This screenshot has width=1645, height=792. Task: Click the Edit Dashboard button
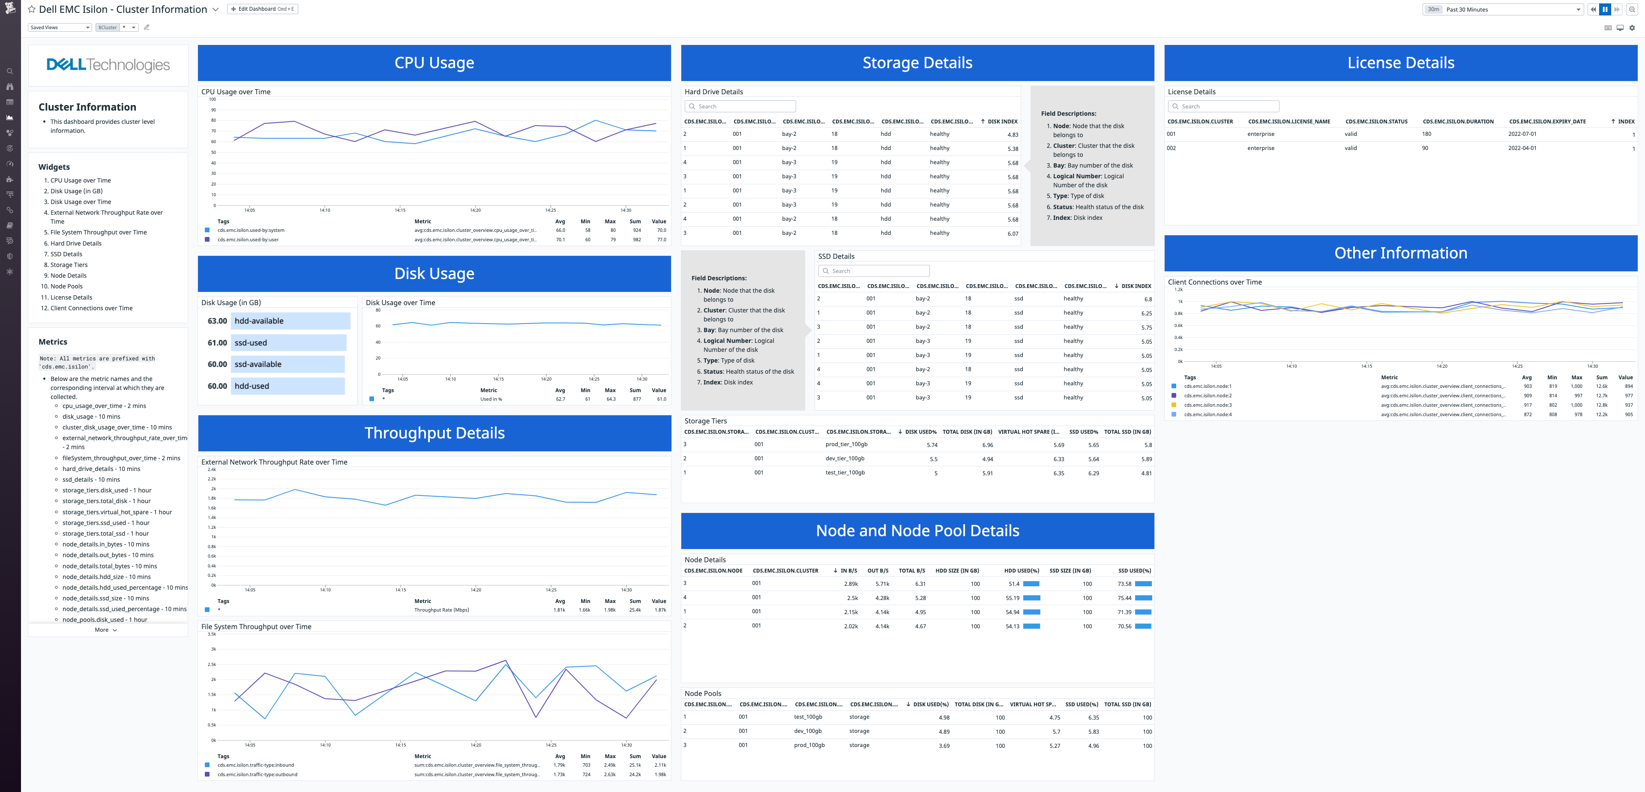pyautogui.click(x=263, y=9)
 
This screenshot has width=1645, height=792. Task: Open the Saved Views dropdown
pyautogui.click(x=61, y=27)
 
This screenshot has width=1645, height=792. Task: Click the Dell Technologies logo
pyautogui.click(x=108, y=65)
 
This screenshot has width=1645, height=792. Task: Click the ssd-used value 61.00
pyautogui.click(x=217, y=343)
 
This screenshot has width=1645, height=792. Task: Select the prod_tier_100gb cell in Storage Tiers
pyautogui.click(x=846, y=444)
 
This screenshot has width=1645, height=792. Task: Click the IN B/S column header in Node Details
pyautogui.click(x=848, y=570)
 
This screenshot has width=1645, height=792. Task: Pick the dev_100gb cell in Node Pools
pyautogui.click(x=807, y=731)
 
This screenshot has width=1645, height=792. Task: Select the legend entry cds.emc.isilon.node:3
pyautogui.click(x=1208, y=405)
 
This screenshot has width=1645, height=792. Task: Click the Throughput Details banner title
pyautogui.click(x=434, y=433)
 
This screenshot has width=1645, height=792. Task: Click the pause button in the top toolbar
pyautogui.click(x=1605, y=9)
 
